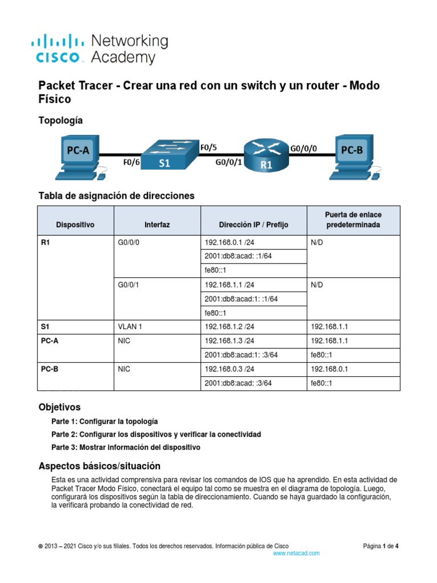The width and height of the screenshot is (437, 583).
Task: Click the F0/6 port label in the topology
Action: tap(132, 163)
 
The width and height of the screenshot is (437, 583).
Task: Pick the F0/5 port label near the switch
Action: tap(209, 147)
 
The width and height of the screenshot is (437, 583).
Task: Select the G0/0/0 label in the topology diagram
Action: tap(304, 148)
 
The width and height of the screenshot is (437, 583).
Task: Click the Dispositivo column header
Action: tap(76, 225)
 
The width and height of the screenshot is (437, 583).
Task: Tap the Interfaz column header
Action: tap(157, 225)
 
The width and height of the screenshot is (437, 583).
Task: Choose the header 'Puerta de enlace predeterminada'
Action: tap(353, 220)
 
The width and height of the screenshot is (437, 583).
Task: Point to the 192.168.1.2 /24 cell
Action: tap(229, 326)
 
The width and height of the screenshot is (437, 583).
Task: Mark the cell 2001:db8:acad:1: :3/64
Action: tap(241, 355)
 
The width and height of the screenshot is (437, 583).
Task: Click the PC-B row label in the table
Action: tap(50, 369)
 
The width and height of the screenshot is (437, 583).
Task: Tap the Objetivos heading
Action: tap(59, 408)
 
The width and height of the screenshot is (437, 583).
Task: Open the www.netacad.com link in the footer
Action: tap(296, 553)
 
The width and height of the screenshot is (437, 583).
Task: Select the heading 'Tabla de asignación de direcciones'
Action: tap(116, 196)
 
